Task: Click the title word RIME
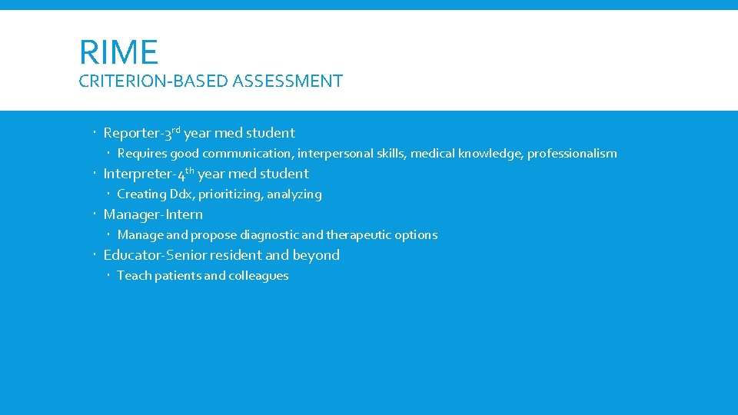tap(118, 52)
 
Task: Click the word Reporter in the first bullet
tap(131, 133)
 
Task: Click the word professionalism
tap(572, 154)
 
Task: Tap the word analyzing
tap(294, 194)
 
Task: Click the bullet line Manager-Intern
tap(153, 214)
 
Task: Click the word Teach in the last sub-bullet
tap(134, 276)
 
